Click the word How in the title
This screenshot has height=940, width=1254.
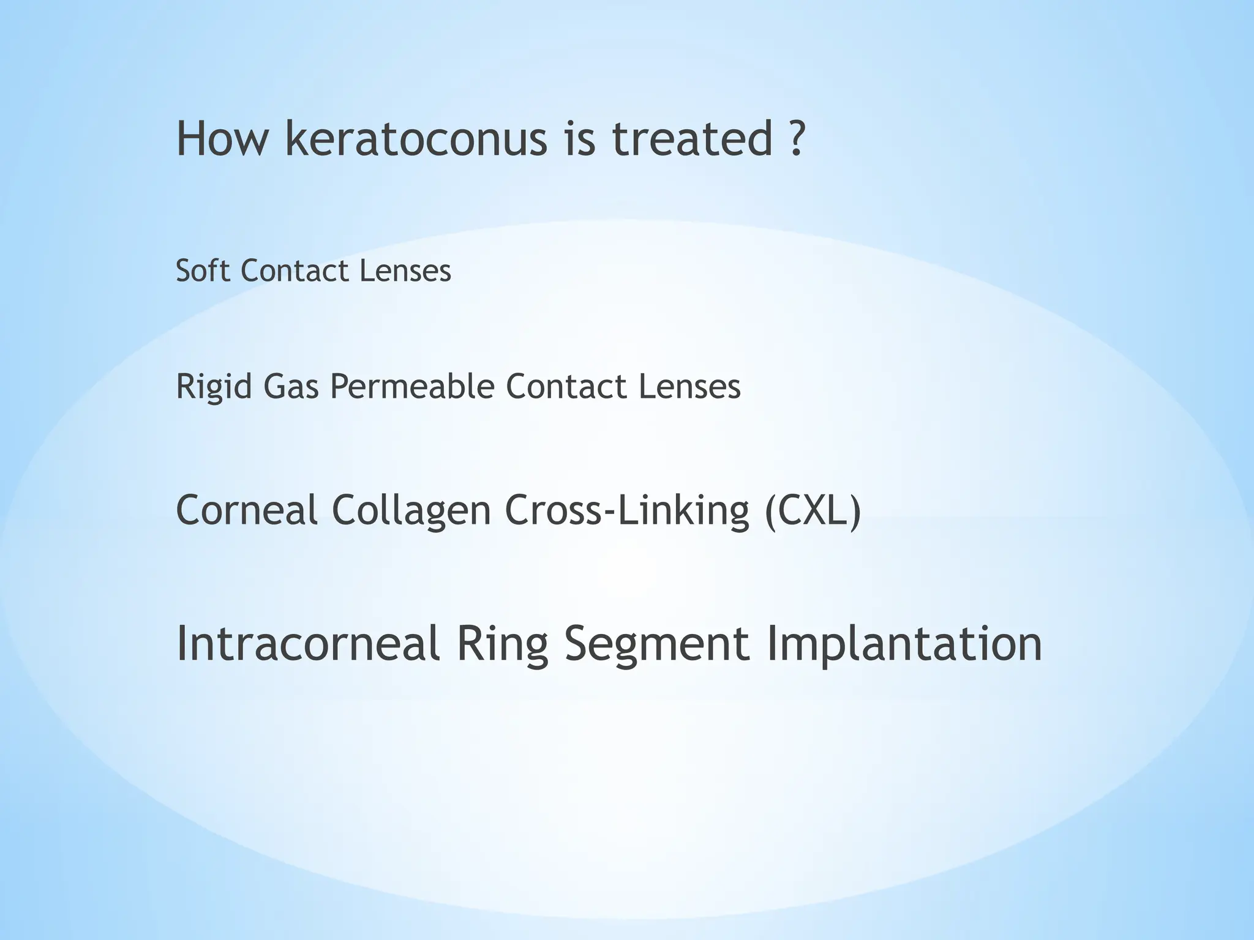coord(222,139)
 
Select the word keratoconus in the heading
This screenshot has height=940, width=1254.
coord(416,139)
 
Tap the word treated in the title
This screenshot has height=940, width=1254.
coord(693,139)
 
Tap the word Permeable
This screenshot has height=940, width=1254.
coord(412,387)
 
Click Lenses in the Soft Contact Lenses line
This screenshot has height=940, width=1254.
coord(405,270)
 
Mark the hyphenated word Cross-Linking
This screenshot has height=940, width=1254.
coord(627,510)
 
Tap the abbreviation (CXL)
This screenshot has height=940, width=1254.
coord(813,510)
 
